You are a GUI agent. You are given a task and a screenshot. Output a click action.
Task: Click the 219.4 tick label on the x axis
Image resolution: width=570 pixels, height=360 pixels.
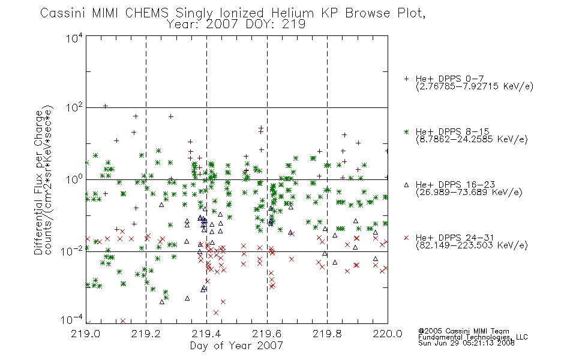206,334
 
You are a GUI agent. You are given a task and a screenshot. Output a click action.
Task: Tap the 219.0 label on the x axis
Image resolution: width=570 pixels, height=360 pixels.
86,334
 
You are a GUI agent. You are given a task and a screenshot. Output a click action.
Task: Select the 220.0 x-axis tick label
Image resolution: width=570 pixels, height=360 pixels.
388,334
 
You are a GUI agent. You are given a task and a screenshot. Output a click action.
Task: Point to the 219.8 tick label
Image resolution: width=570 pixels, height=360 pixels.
327,334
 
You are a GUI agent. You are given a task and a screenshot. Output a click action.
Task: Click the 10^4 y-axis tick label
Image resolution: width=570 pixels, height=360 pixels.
74,38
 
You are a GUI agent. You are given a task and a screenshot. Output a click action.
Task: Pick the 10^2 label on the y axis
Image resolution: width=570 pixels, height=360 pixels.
74,107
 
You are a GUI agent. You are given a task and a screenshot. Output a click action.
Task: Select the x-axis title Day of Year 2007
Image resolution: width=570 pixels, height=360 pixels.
236,346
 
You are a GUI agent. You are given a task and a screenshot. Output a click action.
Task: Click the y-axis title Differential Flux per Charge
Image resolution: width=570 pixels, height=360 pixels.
39,182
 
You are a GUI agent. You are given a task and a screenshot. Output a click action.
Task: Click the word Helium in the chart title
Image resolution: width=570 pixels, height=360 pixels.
292,13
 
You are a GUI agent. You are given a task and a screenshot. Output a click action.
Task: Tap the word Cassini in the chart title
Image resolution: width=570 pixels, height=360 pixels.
62,13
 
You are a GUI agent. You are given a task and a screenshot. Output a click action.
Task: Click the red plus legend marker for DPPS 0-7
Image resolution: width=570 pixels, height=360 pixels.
406,79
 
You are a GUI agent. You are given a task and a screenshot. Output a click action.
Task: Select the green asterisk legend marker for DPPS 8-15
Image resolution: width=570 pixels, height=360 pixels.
406,131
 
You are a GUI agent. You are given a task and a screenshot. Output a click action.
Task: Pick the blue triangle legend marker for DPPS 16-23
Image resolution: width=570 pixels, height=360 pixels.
406,185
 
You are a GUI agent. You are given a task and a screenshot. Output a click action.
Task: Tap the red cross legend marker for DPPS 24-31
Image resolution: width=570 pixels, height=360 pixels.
406,238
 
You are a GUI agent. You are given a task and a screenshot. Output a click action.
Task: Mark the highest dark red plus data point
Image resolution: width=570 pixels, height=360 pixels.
106,106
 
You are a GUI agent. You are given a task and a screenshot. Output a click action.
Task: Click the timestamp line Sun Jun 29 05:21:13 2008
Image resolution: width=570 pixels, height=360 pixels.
466,343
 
